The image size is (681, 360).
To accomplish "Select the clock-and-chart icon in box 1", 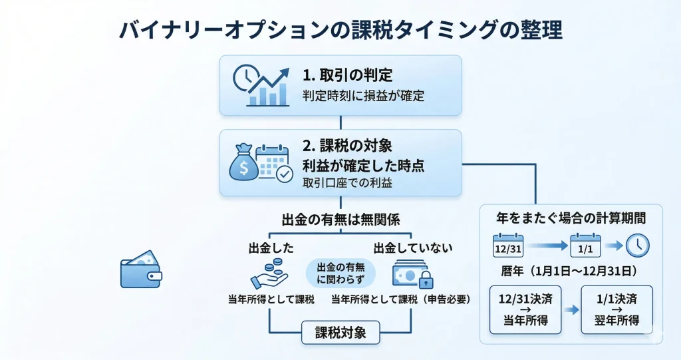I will (x=261, y=85).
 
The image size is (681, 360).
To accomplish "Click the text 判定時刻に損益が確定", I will (x=362, y=96).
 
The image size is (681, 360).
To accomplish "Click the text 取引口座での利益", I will (x=346, y=182).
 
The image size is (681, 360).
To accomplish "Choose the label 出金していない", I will (x=412, y=248).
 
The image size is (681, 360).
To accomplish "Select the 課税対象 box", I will (x=340, y=331).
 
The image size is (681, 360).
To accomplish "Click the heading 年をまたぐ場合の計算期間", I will (x=571, y=218).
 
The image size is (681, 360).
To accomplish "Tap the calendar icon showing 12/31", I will (x=508, y=246).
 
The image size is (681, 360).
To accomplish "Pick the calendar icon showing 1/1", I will (x=586, y=246).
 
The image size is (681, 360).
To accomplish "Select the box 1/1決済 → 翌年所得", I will (x=616, y=310).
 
